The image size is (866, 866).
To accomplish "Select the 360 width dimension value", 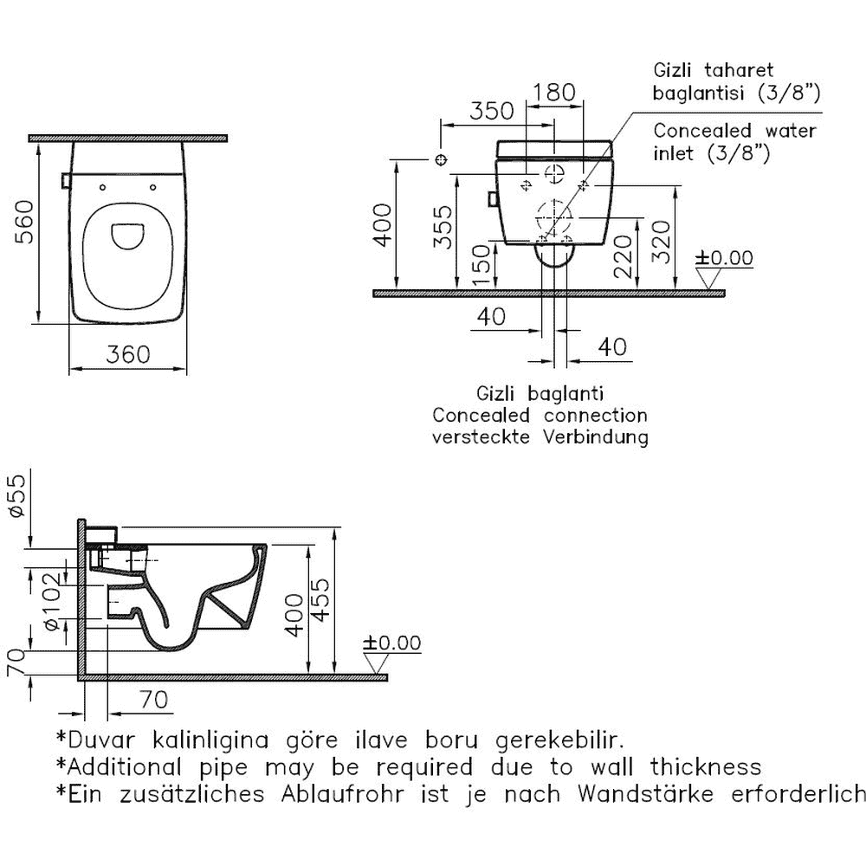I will click(128, 354).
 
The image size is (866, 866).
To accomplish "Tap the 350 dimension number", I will click(492, 110).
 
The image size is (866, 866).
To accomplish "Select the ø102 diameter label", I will click(55, 600).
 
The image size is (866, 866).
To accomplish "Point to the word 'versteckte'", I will click(483, 437).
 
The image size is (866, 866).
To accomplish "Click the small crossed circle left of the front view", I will click(440, 160).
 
